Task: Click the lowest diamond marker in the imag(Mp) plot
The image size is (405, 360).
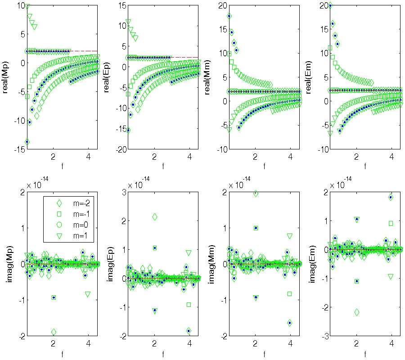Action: click(54, 332)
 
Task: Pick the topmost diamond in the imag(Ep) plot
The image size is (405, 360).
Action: click(155, 217)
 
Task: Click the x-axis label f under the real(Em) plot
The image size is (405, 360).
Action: click(365, 166)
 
